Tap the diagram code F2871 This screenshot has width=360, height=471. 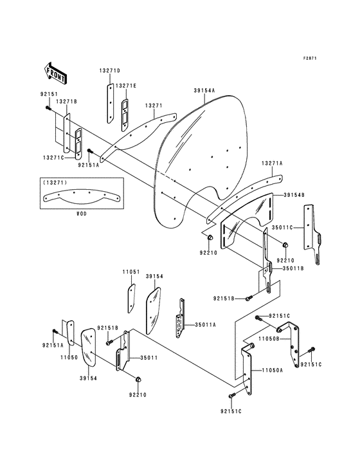tap(312, 59)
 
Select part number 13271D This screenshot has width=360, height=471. tap(109, 70)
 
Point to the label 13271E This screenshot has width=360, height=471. tap(127, 86)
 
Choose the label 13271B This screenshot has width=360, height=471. tap(66, 101)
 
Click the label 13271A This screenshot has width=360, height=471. tap(272, 164)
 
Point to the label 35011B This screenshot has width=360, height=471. tap(286, 268)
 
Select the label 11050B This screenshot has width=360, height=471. tap(269, 337)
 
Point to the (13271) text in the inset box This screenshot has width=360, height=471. tap(54, 183)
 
